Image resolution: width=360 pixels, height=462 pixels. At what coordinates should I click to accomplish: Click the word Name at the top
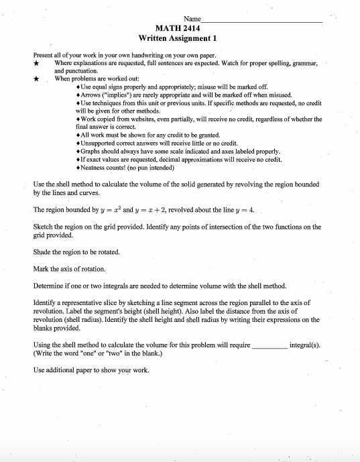[x=191, y=19]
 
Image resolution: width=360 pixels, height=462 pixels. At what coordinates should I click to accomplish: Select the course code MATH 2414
[x=179, y=30]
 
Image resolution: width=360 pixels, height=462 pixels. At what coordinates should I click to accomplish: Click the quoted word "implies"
[x=121, y=95]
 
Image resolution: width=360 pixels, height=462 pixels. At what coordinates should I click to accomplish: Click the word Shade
[x=42, y=252]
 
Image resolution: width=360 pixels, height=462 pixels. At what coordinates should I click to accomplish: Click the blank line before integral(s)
[x=269, y=346]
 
